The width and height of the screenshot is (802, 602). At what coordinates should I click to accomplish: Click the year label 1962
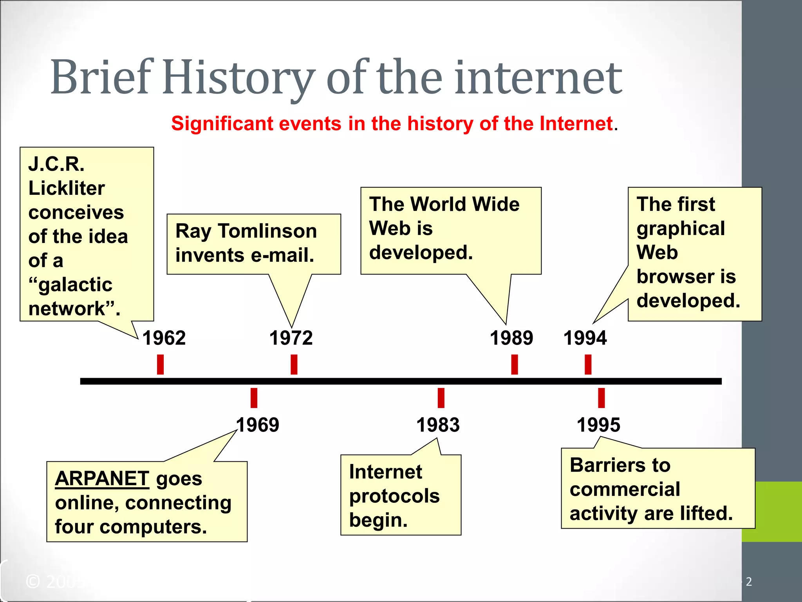[164, 338]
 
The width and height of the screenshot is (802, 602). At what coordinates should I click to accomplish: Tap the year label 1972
[291, 338]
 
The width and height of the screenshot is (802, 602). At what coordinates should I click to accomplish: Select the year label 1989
[511, 338]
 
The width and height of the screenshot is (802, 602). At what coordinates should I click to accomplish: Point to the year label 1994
[585, 338]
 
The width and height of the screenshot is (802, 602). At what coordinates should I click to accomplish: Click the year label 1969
[257, 425]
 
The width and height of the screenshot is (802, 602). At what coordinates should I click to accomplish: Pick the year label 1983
[438, 425]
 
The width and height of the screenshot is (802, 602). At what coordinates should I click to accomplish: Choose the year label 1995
[598, 425]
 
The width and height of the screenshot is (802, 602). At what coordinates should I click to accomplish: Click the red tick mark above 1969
[254, 398]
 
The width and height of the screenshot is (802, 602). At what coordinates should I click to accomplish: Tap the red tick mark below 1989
[515, 364]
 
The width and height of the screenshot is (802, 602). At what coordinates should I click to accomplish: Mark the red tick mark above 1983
[441, 398]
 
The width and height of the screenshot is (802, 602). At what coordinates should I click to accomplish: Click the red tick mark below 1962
[160, 364]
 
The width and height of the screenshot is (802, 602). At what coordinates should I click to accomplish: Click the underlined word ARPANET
[102, 479]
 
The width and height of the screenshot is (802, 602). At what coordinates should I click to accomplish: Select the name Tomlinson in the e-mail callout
[267, 231]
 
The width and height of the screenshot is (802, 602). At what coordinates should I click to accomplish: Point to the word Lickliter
[67, 188]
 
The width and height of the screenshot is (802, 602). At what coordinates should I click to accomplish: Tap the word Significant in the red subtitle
[223, 124]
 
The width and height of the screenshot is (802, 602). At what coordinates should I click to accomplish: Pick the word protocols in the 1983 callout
[394, 496]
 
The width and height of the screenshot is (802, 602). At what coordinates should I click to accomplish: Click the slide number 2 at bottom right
[749, 582]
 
